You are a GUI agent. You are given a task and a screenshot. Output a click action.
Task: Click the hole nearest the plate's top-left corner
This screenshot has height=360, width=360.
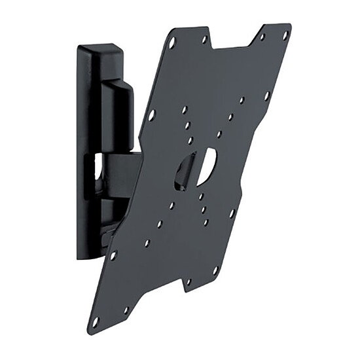point(172,45)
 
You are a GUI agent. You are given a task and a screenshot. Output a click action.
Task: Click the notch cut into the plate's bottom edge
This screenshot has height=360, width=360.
point(157,297)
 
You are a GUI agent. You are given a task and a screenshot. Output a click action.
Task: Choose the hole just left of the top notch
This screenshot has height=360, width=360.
point(204,39)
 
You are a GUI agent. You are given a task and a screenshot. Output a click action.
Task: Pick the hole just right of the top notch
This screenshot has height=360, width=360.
point(261,37)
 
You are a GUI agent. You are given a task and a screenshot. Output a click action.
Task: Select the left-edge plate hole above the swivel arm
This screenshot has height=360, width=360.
point(152,115)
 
